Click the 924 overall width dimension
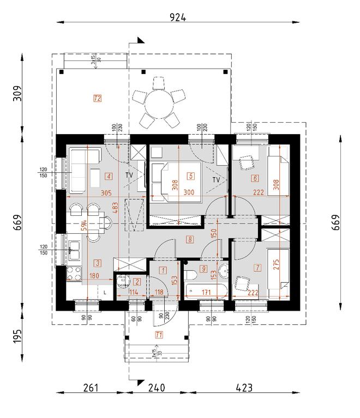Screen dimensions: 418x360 pos(178,17)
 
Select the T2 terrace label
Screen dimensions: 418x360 pos(98,99)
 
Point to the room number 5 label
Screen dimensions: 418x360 pos(190,176)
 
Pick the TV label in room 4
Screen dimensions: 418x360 pos(129,175)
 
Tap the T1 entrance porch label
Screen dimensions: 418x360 pos(159,335)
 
